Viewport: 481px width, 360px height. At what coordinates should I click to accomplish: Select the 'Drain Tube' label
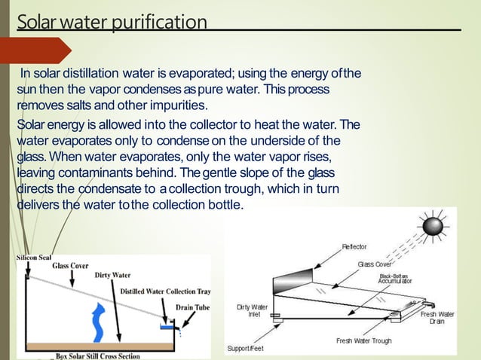(x=193, y=307)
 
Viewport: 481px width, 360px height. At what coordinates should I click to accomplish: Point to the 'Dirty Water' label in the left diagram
(x=113, y=275)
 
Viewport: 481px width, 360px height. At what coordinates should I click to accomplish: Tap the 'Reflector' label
(x=354, y=246)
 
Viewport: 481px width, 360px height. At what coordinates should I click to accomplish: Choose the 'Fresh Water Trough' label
(x=363, y=341)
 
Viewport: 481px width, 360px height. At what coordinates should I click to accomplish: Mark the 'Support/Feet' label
(x=247, y=349)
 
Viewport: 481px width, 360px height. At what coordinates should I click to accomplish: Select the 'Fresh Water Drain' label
(x=437, y=317)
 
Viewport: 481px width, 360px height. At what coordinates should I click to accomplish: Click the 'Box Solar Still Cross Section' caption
(x=107, y=356)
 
